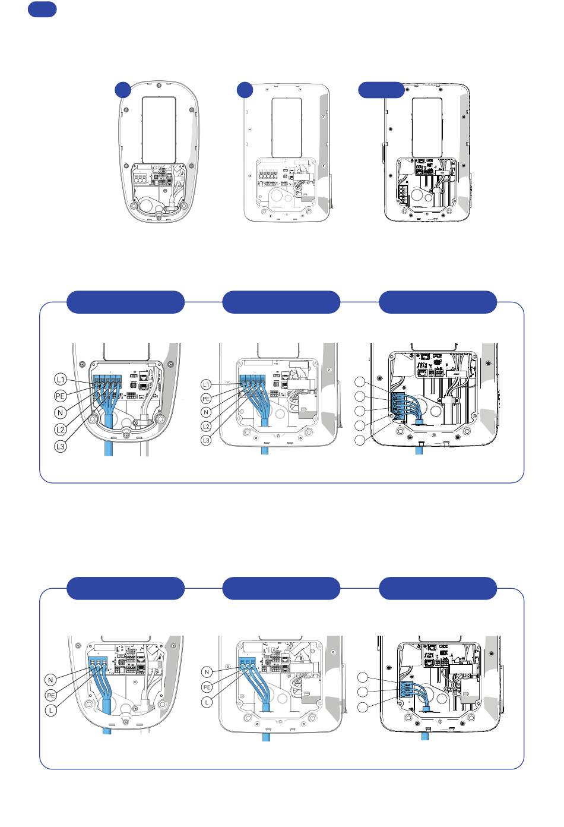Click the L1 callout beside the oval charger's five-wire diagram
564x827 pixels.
(x=61, y=379)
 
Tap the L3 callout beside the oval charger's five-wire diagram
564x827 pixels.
(x=61, y=446)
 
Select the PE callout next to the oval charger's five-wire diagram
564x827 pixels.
(x=60, y=396)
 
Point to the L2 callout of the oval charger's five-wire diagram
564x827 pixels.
(x=61, y=430)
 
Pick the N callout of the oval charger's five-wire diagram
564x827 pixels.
(x=61, y=413)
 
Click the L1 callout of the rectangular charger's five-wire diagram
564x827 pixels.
(x=206, y=385)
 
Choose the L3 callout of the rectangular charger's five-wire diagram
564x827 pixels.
(x=206, y=440)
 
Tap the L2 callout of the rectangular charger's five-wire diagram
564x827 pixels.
(x=206, y=427)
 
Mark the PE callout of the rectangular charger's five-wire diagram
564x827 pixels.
(x=206, y=399)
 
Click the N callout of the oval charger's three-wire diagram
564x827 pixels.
(x=50, y=680)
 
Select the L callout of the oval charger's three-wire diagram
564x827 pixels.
(x=50, y=711)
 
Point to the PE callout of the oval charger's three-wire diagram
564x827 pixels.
(x=51, y=695)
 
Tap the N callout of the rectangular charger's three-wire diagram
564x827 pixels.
(x=207, y=672)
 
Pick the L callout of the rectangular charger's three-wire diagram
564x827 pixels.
(x=207, y=702)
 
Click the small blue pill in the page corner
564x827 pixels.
(x=42, y=10)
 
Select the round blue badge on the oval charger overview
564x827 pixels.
(x=123, y=90)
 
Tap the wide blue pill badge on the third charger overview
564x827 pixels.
(x=381, y=90)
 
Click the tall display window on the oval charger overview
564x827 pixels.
(x=159, y=130)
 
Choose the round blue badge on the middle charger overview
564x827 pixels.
(x=245, y=90)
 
